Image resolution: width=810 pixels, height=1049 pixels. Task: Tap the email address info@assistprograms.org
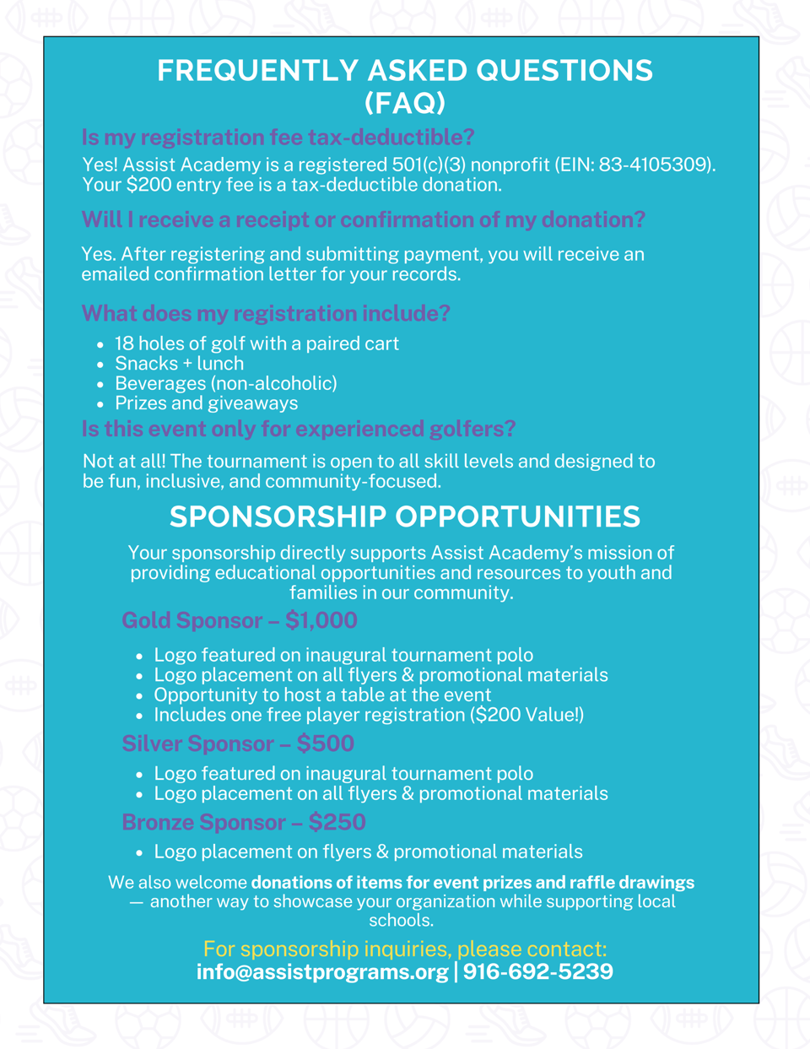click(322, 972)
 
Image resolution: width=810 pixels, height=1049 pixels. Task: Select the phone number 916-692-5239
click(538, 972)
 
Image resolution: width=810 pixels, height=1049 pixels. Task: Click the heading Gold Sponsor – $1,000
click(240, 621)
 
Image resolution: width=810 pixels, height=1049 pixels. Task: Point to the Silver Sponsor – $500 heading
click(238, 744)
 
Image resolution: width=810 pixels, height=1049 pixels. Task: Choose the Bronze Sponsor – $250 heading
click(244, 823)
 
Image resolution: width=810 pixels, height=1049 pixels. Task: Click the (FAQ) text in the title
click(405, 103)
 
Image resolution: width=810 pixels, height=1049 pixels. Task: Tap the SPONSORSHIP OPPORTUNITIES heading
click(405, 516)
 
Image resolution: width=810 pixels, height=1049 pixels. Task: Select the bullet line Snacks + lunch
click(179, 364)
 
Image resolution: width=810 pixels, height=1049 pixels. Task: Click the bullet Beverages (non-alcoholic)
click(225, 384)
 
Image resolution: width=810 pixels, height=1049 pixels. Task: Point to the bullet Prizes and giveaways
click(206, 403)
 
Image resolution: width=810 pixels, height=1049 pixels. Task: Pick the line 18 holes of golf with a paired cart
click(256, 343)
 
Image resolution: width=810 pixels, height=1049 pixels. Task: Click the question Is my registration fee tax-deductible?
click(278, 137)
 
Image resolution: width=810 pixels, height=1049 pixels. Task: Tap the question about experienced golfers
click(299, 429)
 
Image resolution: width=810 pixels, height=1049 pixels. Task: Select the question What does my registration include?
click(266, 314)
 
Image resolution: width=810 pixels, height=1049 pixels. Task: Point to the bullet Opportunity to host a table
click(322, 695)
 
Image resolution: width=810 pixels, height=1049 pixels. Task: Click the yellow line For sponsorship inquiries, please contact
click(405, 949)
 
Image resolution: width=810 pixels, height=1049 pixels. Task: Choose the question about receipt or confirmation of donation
click(363, 220)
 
